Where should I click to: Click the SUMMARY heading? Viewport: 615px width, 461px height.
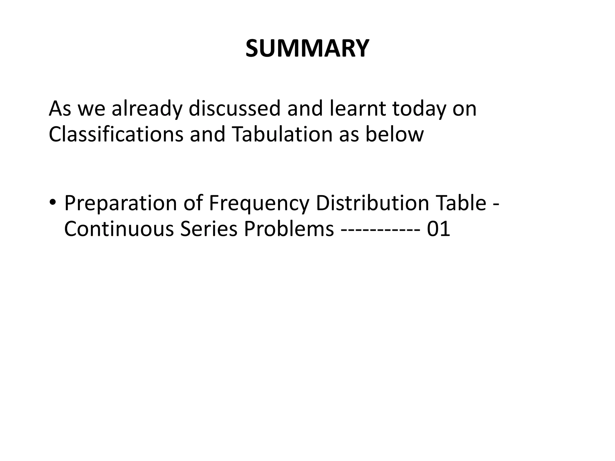pos(307,48)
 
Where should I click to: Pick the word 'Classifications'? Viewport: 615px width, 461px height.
pos(116,134)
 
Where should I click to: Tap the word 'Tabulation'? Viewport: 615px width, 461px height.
pos(282,134)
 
